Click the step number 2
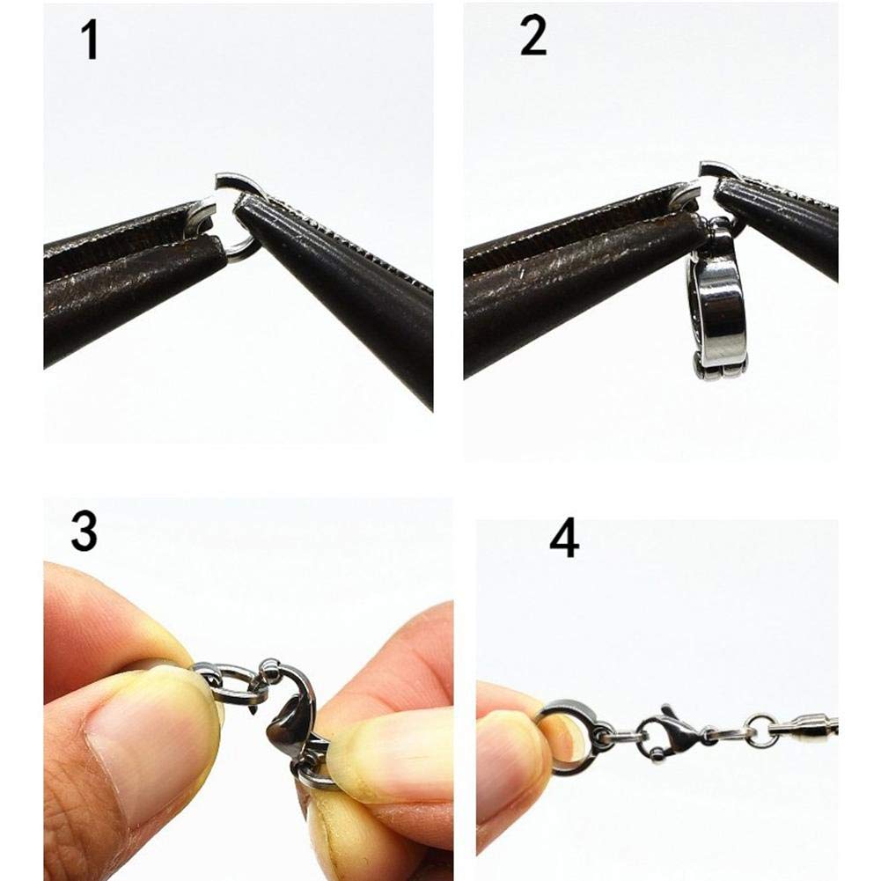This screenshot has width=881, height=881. pos(533,38)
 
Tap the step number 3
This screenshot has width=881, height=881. pos(84,532)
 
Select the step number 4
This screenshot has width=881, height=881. pos(564,540)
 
